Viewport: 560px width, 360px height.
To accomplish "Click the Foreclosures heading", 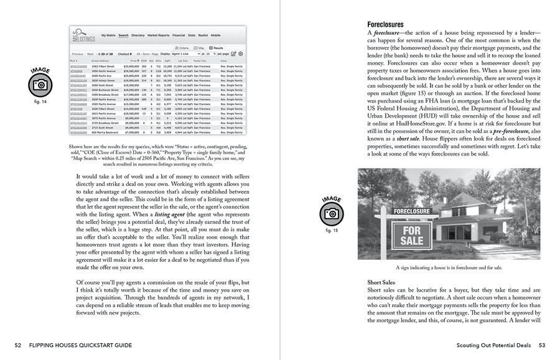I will click(x=385, y=24).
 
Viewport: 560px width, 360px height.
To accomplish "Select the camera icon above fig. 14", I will click(x=40, y=85).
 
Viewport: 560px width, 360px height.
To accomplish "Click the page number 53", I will click(x=541, y=345).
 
